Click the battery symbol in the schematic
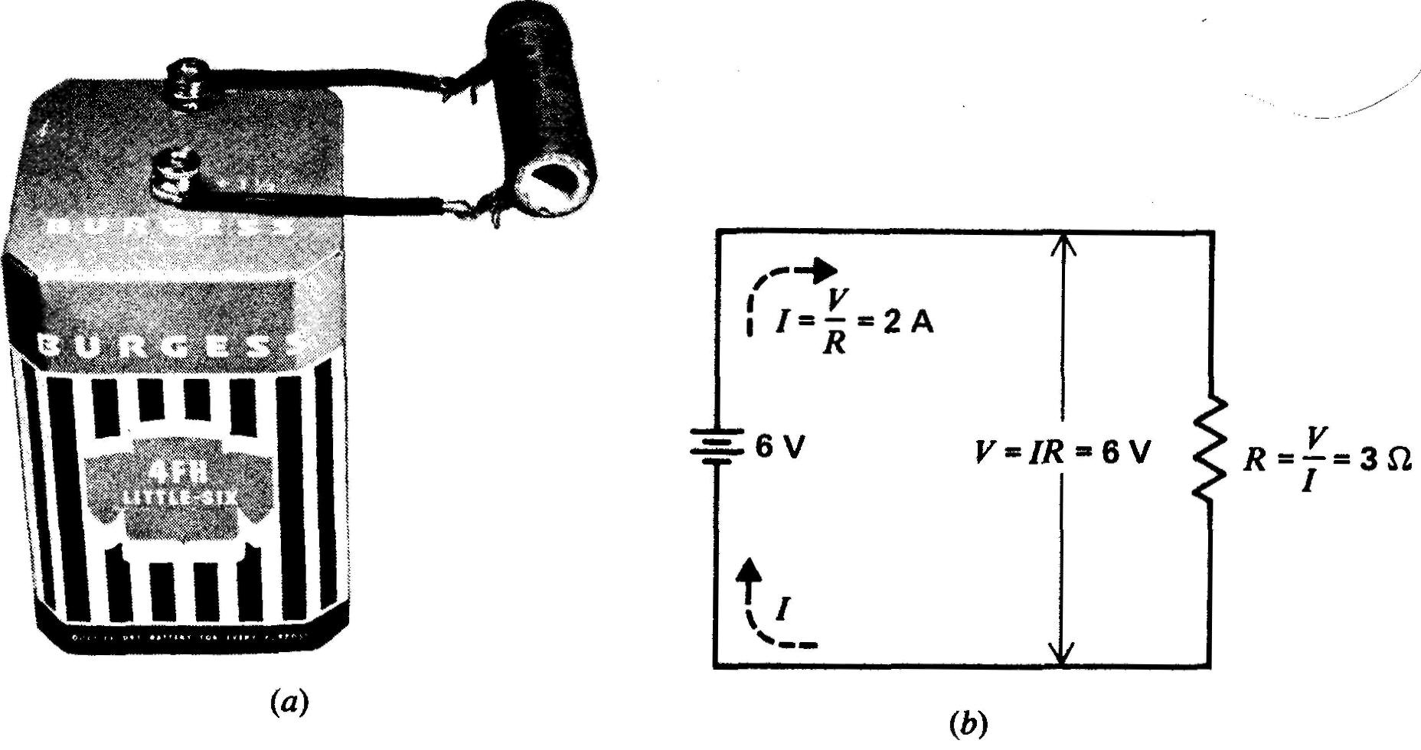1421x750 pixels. point(716,445)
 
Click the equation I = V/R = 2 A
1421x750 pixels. point(851,324)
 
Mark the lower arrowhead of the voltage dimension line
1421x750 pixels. point(1063,654)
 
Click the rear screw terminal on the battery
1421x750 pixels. point(186,82)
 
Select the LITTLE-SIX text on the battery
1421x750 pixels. point(181,498)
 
